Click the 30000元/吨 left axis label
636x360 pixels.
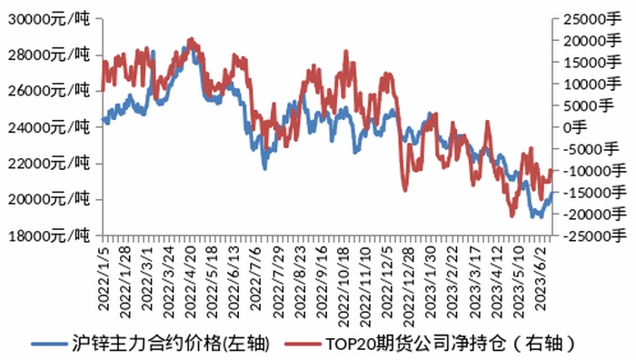[49, 19]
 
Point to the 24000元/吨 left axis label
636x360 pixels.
[49, 127]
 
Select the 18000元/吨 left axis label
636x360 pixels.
[49, 235]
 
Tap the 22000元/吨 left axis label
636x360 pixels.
[49, 164]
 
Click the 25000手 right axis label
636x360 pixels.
[592, 19]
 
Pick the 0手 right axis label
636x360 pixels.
[575, 127]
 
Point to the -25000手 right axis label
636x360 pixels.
[594, 235]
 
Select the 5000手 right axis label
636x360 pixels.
[588, 106]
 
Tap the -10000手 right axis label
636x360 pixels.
[594, 171]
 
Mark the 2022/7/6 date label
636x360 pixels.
[255, 278]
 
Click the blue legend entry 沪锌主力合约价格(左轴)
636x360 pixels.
[151, 344]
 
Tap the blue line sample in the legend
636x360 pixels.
[49, 345]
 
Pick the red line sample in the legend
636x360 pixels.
[303, 345]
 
